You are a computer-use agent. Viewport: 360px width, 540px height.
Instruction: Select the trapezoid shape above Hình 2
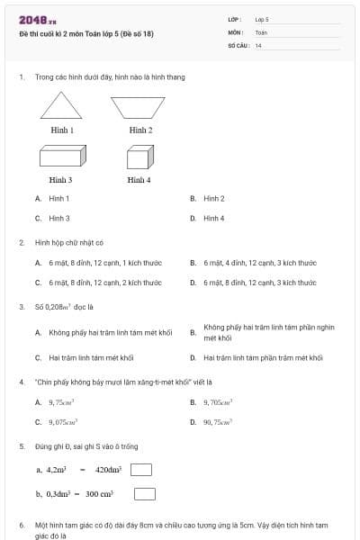click(x=139, y=107)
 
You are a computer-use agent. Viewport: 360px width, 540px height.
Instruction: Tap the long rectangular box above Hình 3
click(x=61, y=158)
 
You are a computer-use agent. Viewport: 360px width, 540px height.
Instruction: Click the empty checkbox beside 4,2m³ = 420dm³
click(x=141, y=469)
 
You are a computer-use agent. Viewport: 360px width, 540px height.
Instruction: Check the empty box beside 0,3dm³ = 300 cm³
click(x=145, y=493)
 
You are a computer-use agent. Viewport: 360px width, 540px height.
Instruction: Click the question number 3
click(x=21, y=306)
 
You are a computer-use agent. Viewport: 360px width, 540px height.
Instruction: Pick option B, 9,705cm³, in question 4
click(x=218, y=401)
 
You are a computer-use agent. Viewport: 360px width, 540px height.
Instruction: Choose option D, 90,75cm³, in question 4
click(x=218, y=421)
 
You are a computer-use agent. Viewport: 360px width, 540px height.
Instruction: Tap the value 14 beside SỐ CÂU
click(x=258, y=45)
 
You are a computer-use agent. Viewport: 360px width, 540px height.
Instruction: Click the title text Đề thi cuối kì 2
click(x=85, y=34)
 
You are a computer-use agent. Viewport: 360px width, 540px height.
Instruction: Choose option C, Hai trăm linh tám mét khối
click(x=103, y=357)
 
